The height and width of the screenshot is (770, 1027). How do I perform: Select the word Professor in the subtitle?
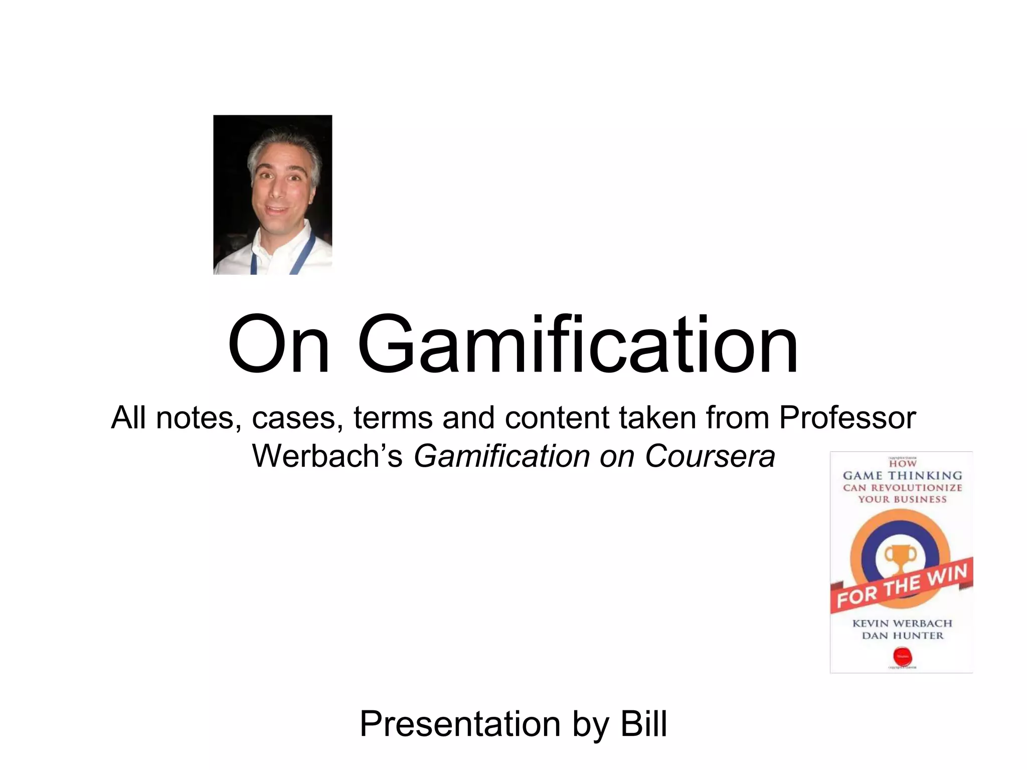847,418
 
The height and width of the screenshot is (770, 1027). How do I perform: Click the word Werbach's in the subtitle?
327,456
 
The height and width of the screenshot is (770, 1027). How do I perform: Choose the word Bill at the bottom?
644,724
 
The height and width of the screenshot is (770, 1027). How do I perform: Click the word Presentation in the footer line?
460,724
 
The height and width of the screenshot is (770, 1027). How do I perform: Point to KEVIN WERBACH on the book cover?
902,623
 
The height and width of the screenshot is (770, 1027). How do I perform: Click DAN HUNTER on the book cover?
902,636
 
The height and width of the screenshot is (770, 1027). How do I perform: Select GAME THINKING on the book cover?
902,475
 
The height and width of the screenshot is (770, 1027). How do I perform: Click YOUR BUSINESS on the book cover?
902,499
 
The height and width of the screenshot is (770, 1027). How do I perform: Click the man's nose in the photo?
275,189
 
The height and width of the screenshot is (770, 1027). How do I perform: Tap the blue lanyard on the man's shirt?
306,251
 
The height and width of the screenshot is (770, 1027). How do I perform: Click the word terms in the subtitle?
393,418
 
